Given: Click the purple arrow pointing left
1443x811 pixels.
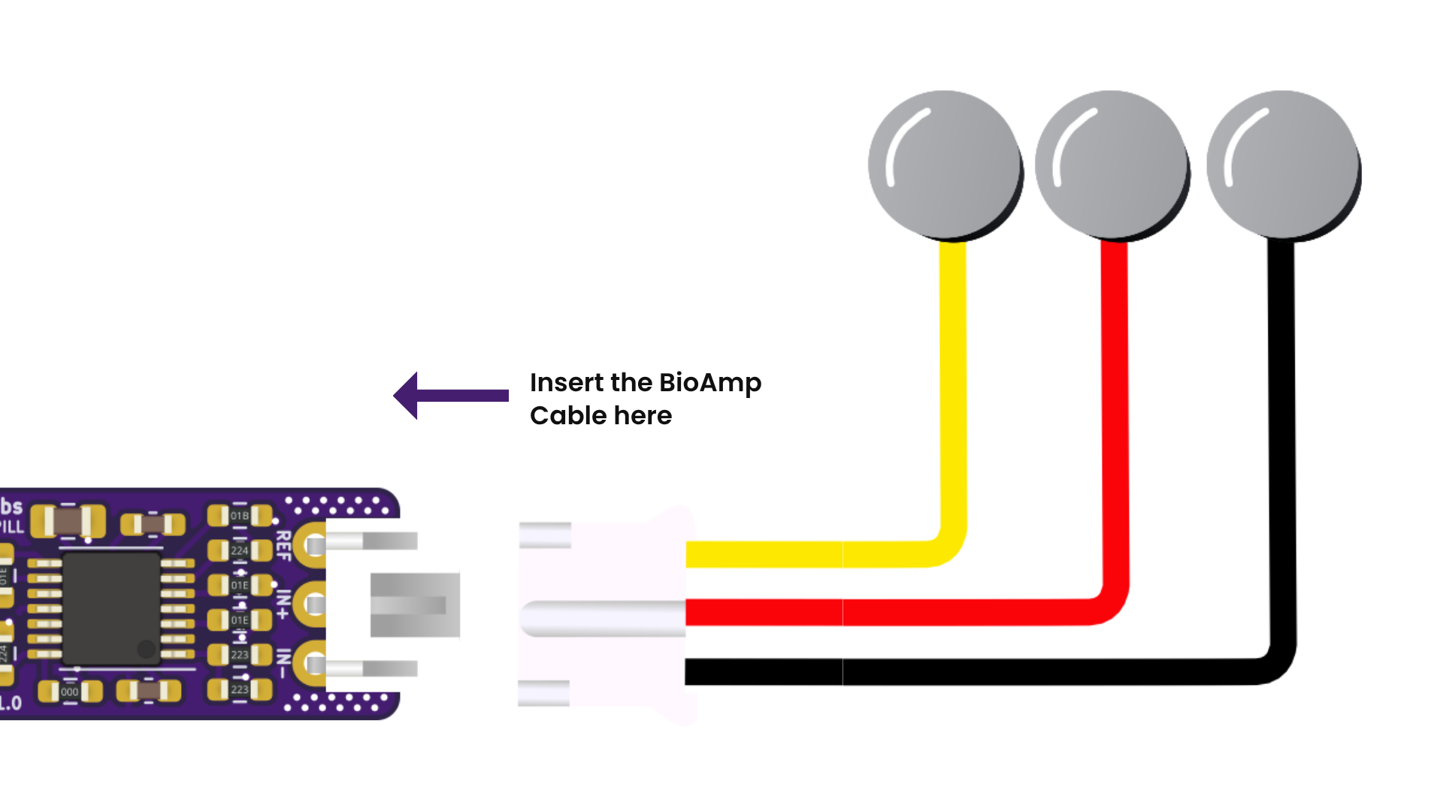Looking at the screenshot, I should [x=451, y=396].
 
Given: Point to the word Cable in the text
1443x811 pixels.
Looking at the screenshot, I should [x=568, y=416].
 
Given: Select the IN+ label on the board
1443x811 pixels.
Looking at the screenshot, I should [x=283, y=604].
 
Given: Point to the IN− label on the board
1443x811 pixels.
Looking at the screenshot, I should [x=283, y=664].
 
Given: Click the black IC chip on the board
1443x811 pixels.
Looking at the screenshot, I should [x=111, y=609].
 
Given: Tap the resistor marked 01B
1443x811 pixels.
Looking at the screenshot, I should [x=239, y=516].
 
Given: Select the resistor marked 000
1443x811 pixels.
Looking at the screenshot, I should [x=70, y=692].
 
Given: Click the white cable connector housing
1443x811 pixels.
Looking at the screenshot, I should [x=609, y=616].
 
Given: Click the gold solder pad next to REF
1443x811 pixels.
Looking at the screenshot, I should [x=311, y=544].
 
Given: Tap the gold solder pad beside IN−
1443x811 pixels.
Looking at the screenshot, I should [x=311, y=664].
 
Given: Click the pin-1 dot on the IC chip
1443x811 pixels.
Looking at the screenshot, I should [x=147, y=648].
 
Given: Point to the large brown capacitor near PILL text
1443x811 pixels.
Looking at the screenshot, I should [x=68, y=520].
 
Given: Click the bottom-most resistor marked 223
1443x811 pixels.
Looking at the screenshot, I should [x=239, y=689].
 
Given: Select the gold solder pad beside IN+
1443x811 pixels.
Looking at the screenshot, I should [x=311, y=604].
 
